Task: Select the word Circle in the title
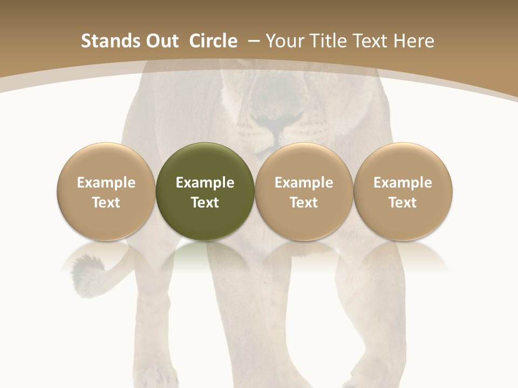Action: click(213, 41)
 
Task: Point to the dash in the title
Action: click(254, 41)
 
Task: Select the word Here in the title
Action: click(414, 41)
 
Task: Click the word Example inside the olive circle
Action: click(205, 183)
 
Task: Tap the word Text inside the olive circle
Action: click(205, 203)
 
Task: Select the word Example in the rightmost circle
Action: click(403, 183)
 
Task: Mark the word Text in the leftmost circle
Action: click(106, 203)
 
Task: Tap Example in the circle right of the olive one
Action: click(304, 183)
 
